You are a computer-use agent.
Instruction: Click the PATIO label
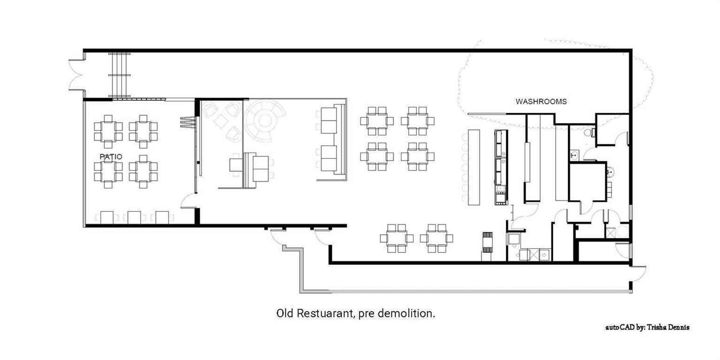(x=111, y=157)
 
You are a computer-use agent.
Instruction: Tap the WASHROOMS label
(x=541, y=101)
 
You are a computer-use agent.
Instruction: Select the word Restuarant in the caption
(x=325, y=313)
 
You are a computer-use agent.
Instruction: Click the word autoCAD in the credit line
(x=620, y=327)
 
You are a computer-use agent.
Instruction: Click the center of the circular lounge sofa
(x=265, y=121)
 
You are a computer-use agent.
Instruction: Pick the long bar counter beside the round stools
(x=474, y=167)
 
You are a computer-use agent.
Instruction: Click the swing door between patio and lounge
(x=188, y=200)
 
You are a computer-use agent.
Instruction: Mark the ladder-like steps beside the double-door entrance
(x=120, y=75)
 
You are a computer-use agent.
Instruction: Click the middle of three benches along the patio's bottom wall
(x=134, y=217)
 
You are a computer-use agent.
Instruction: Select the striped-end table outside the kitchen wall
(x=489, y=242)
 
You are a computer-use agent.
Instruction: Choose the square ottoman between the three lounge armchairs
(x=221, y=122)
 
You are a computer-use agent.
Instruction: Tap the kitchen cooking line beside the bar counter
(x=501, y=167)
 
